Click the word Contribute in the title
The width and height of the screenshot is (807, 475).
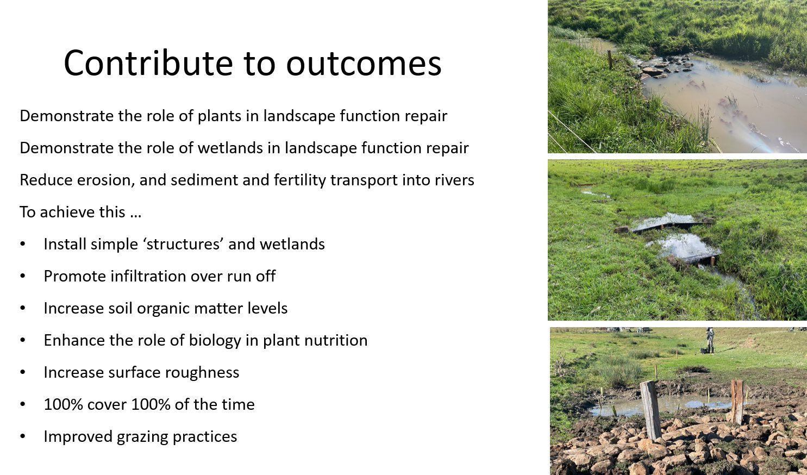tap(148, 63)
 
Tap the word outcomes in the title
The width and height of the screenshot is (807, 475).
tap(364, 64)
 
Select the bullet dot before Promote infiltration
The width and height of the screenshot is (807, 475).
tap(23, 277)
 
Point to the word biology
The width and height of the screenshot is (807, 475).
tap(215, 341)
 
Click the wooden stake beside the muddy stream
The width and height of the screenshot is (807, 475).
tap(610, 60)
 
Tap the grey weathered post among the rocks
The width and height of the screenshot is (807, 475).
tap(650, 410)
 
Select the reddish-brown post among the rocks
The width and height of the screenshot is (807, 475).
tap(737, 402)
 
